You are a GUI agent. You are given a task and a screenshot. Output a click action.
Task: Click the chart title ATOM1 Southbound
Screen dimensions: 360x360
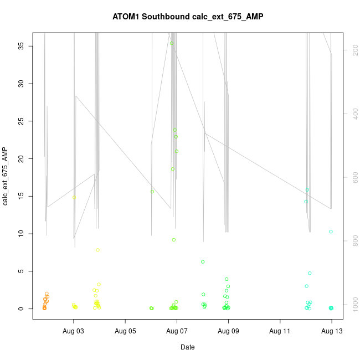(188, 17)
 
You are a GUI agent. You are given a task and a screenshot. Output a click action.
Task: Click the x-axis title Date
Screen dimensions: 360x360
(188, 347)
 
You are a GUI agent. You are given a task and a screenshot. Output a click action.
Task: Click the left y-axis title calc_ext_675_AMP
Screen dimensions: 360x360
(6, 176)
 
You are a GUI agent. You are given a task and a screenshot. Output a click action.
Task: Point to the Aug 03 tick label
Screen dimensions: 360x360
(74, 331)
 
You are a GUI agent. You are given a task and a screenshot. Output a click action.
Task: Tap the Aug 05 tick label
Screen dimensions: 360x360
(125, 331)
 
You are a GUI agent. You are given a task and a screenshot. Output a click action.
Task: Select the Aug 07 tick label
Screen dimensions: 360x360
(177, 331)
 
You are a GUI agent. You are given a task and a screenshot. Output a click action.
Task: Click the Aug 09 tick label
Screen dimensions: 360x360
(228, 331)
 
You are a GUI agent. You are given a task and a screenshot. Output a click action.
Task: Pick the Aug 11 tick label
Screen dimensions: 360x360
(280, 331)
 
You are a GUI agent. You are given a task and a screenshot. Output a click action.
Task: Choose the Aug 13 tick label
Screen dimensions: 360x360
(331, 331)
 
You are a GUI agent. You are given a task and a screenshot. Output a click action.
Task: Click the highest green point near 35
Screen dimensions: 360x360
(172, 43)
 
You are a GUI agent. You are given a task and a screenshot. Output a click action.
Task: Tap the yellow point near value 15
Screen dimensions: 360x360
(74, 197)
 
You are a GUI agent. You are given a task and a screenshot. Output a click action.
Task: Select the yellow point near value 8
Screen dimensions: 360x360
(97, 250)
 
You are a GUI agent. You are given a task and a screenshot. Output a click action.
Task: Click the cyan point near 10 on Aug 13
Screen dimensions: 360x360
(331, 232)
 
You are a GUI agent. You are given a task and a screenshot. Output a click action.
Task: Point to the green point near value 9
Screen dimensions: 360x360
(174, 240)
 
